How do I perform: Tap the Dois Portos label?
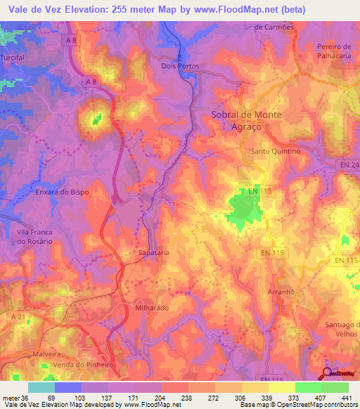coord(181,67)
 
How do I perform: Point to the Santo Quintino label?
coord(276,151)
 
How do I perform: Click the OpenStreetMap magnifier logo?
coord(326,372)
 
